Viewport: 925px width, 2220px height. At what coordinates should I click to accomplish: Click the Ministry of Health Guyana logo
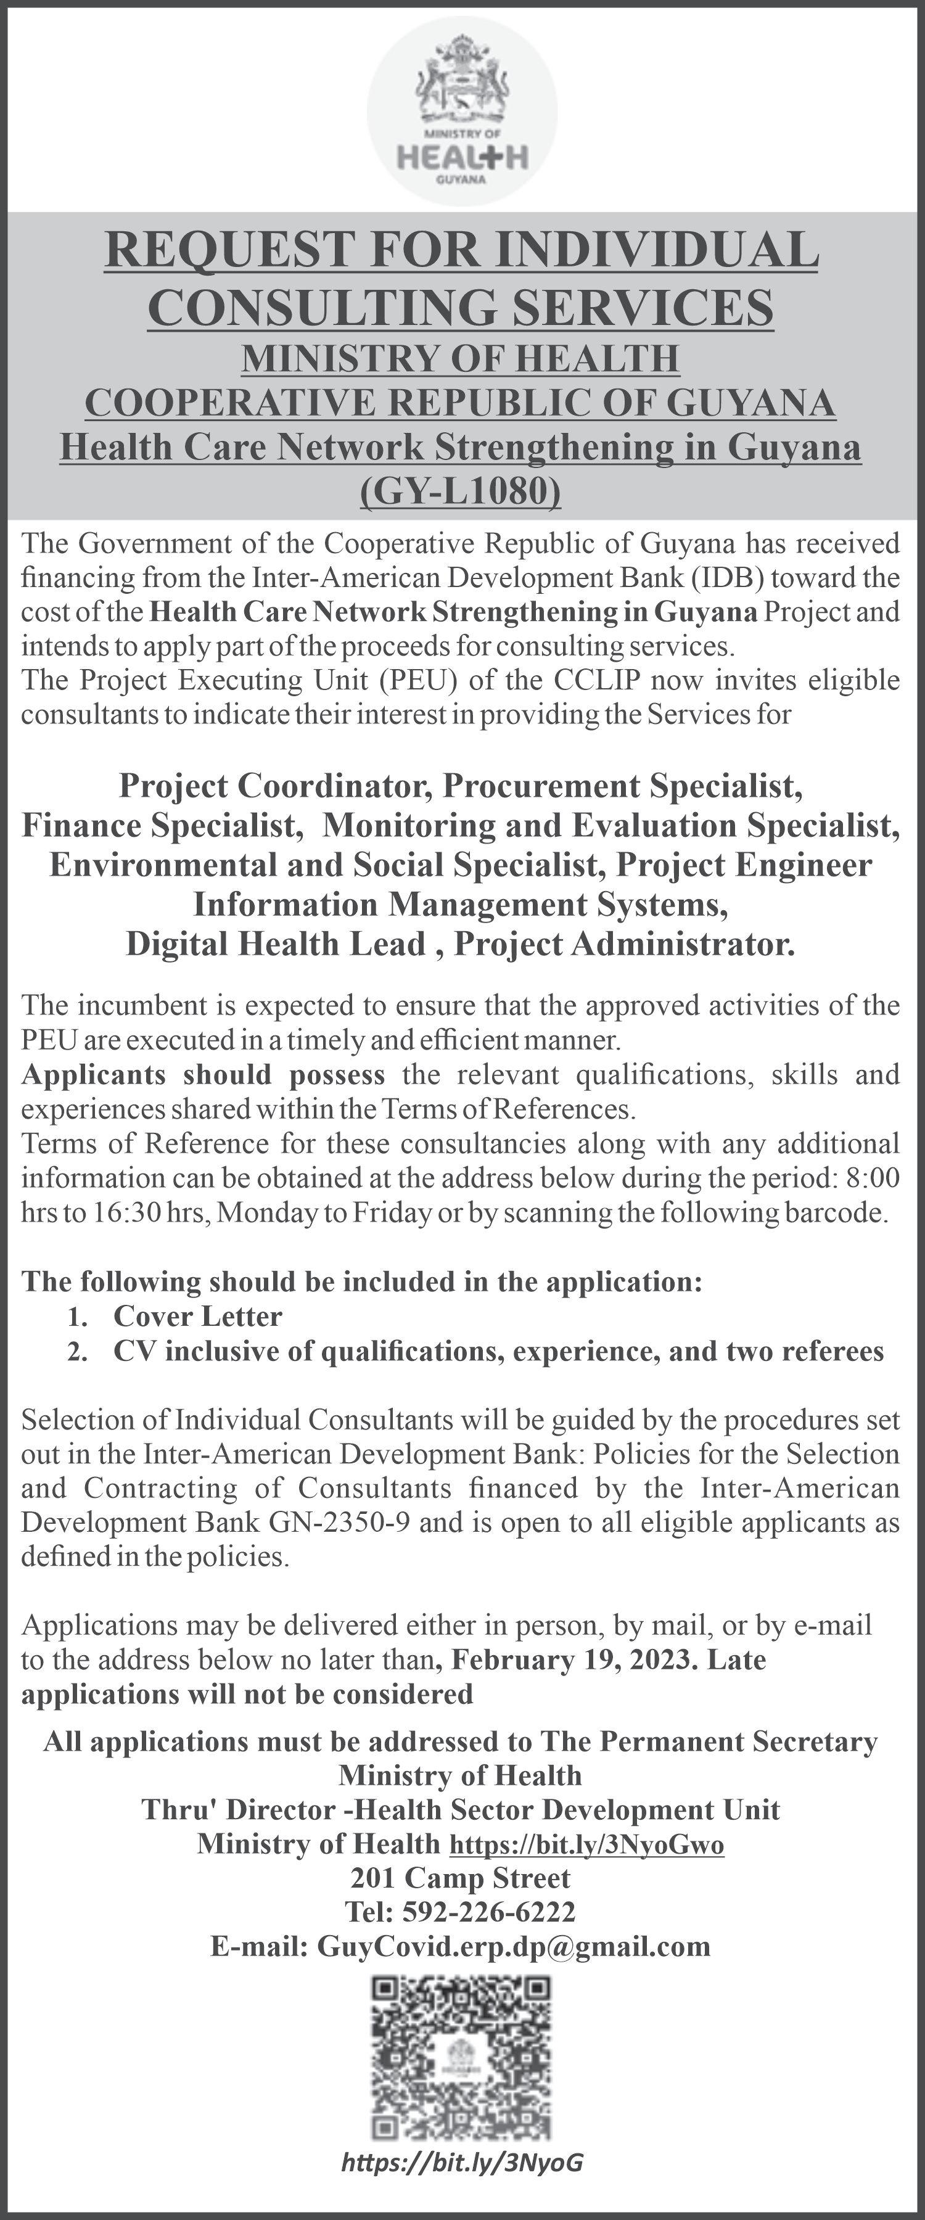pyautogui.click(x=462, y=112)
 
